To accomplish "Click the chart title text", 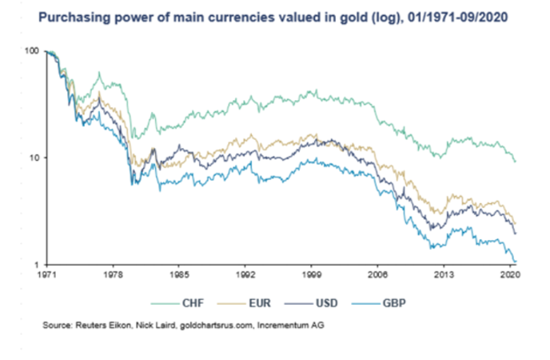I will (x=276, y=16).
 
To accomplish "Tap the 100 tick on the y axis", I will (x=31, y=51).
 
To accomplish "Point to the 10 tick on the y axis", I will (x=34, y=158).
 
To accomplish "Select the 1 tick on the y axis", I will (x=36, y=265).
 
